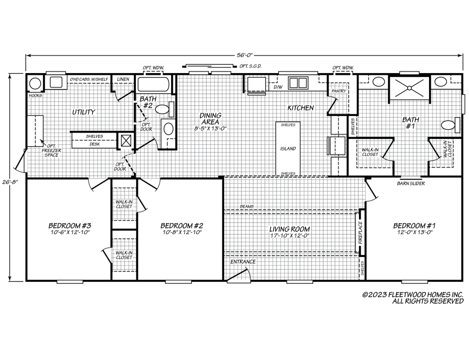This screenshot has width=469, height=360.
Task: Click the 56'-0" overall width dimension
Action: tap(244, 55)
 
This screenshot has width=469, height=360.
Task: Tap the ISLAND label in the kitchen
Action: tap(288, 149)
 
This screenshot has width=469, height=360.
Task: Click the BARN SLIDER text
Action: tap(411, 183)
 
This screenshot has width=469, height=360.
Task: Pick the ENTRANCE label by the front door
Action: tap(243, 262)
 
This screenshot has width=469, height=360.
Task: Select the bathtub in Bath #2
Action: tap(154, 84)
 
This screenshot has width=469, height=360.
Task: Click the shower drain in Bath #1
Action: tap(409, 88)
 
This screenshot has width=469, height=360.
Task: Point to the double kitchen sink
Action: tap(298, 82)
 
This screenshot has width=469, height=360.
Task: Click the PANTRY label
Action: tap(338, 91)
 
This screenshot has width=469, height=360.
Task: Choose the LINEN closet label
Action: tap(123, 79)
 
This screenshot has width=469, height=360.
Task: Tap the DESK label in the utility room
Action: tap(95, 144)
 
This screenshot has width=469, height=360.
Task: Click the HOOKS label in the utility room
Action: tap(35, 96)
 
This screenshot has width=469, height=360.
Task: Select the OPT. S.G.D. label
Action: tap(250, 66)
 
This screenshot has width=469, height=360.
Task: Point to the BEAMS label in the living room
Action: tap(247, 207)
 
